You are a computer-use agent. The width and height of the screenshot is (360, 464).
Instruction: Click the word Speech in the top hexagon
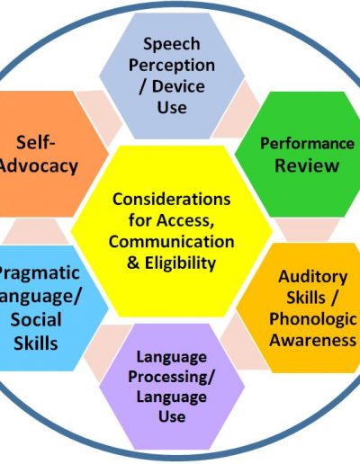pos(172,44)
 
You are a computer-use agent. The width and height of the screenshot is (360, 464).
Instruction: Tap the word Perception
pos(172,66)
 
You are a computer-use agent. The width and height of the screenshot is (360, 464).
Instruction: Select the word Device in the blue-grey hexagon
pos(178,86)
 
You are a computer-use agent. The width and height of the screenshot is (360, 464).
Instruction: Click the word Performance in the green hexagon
pos(307,143)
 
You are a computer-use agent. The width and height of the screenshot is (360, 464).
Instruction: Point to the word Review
pos(307,165)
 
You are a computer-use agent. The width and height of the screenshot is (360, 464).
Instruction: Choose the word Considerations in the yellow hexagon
pos(172,200)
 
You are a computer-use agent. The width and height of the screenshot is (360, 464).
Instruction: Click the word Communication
pos(172,242)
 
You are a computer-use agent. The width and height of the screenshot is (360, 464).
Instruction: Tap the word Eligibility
pos(180,263)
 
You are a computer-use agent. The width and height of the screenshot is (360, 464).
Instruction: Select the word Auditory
pos(313,276)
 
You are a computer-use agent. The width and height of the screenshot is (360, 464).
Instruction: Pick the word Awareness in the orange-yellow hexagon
pos(313,340)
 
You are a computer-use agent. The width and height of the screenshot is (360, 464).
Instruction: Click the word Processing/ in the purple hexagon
pos(172,377)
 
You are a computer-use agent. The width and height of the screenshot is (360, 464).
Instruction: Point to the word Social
pos(36,319)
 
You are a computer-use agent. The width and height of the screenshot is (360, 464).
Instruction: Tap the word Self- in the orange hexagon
pos(36,142)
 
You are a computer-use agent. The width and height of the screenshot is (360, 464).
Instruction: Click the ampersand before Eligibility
pos(133,263)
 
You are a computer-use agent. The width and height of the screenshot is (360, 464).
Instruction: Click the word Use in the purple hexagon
pos(172,416)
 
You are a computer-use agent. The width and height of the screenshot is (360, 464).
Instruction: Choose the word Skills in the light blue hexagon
pos(36,344)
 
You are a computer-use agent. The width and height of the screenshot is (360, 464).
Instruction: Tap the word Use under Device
pos(172,107)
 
